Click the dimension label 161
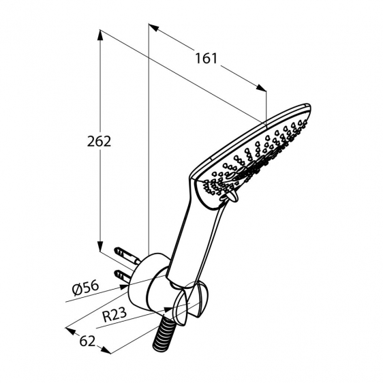206,59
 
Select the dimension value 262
99,142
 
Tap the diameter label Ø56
86,288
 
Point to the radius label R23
114,314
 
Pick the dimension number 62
87,341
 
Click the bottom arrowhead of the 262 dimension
100,246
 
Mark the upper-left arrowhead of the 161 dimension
153,28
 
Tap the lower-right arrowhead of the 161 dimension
261,88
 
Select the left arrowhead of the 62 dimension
70,331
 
